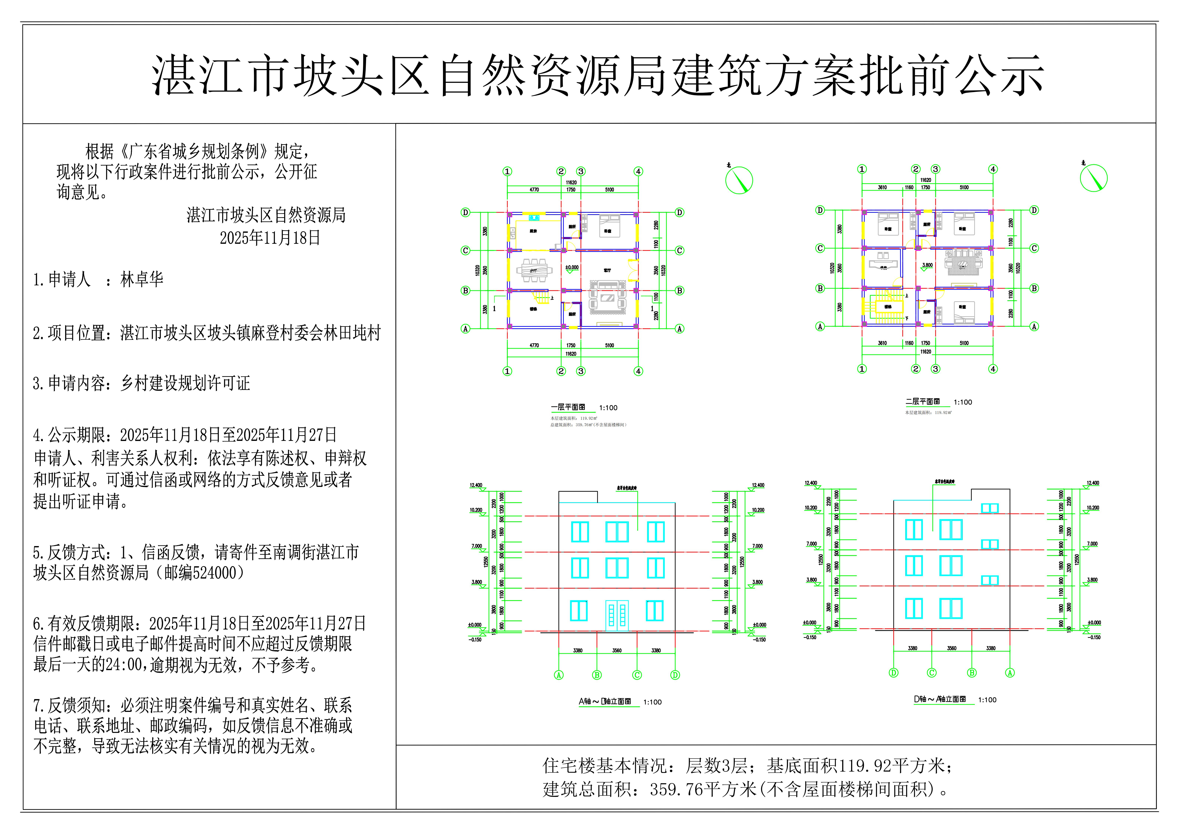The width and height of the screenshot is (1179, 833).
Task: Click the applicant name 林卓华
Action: click(142, 279)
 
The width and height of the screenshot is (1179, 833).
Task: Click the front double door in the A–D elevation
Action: click(617, 615)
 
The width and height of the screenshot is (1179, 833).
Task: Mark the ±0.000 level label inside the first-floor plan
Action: click(571, 267)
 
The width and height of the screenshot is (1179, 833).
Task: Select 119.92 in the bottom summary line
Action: click(865, 766)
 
